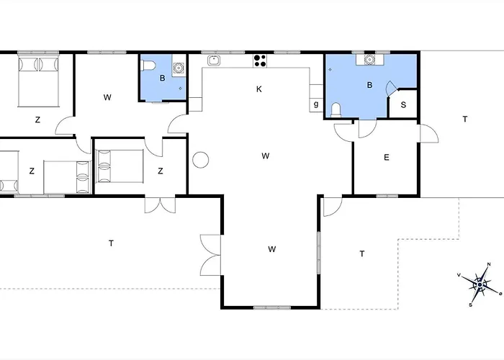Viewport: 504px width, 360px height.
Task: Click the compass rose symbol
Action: pyautogui.click(x=480, y=284)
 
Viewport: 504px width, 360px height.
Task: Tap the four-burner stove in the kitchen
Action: pyautogui.click(x=260, y=60)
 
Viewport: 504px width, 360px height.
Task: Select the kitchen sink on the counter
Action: pyautogui.click(x=214, y=60)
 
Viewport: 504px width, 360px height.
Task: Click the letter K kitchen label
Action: pyautogui.click(x=259, y=89)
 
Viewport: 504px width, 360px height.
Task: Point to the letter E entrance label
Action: pyautogui.click(x=387, y=158)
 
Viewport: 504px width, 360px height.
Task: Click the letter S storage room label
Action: pyautogui.click(x=403, y=105)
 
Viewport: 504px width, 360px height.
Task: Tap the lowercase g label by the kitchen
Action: pyautogui.click(x=316, y=104)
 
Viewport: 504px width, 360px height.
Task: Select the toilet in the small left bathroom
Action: pyautogui.click(x=148, y=66)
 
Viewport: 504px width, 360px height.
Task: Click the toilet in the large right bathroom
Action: pyautogui.click(x=336, y=109)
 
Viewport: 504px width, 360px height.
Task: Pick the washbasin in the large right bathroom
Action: pyautogui.click(x=369, y=60)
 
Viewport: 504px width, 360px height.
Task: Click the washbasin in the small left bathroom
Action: pyautogui.click(x=179, y=68)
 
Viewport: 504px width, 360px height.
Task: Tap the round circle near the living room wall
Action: pyautogui.click(x=201, y=160)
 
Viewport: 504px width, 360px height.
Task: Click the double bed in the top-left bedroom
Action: pyautogui.click(x=39, y=81)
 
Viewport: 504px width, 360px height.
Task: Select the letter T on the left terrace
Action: pyautogui.click(x=111, y=243)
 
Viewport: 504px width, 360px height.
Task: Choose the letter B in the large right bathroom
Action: pyautogui.click(x=369, y=85)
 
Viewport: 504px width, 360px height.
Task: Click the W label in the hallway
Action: pyautogui.click(x=107, y=97)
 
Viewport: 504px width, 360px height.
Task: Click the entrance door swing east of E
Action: pyautogui.click(x=429, y=133)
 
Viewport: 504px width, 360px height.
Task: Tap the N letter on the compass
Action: pyautogui.click(x=489, y=264)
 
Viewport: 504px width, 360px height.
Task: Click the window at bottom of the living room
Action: pyautogui.click(x=272, y=307)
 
